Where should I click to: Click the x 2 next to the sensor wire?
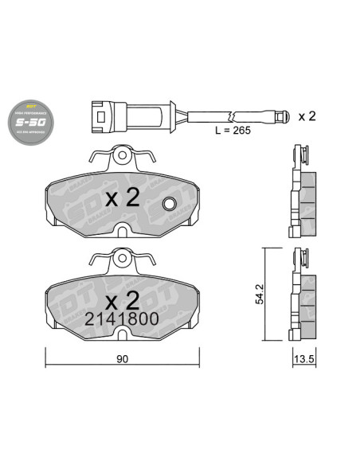pos(307,116)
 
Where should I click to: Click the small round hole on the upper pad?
pos(169,205)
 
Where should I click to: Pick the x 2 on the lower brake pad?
pos(123,299)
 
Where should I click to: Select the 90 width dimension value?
pos(122,360)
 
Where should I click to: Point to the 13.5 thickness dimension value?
pos(302,360)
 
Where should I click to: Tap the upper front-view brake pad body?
pos(80,199)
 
